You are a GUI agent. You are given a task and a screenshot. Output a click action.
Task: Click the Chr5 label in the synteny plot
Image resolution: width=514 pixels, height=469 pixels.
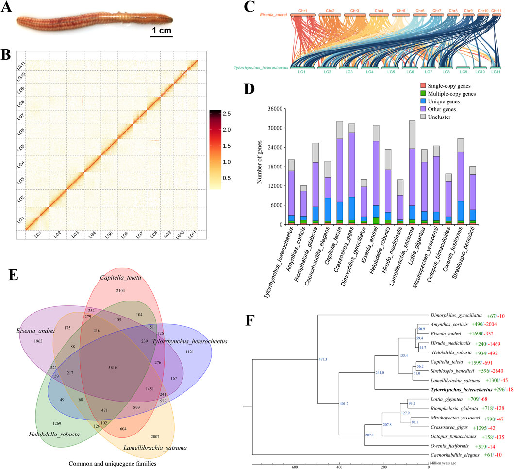(401, 10)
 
